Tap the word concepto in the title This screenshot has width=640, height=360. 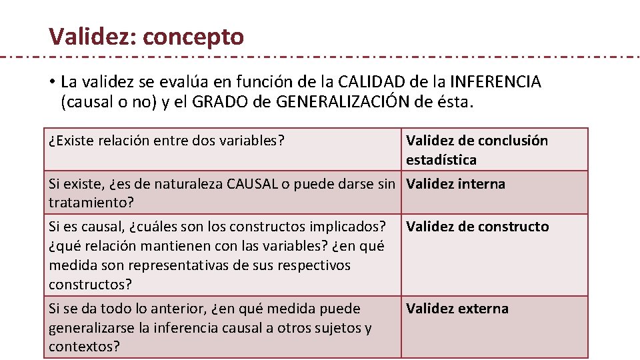[193, 37]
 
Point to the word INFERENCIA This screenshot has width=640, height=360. [496, 82]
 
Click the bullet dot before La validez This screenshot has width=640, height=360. [51, 83]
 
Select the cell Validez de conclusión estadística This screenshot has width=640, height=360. [477, 150]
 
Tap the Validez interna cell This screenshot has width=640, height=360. [456, 184]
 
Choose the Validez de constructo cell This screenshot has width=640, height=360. [477, 227]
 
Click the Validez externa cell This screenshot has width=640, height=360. [457, 309]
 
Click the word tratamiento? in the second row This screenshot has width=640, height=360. [89, 202]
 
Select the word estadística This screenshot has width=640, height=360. [441, 160]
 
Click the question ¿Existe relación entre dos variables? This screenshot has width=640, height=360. [167, 141]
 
